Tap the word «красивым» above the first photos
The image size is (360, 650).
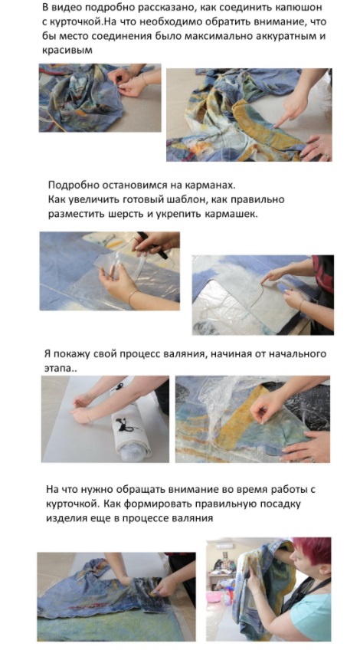pyautogui.click(x=67, y=50)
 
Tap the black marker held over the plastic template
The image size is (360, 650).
pyautogui.click(x=152, y=245)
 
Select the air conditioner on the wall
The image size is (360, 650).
pyautogui.click(x=224, y=547)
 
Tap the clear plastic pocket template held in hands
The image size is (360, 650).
pyautogui.click(x=119, y=260)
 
